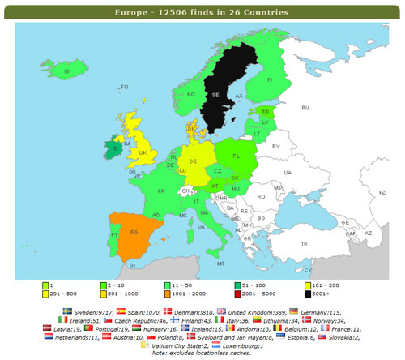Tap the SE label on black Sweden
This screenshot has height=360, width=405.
coord(215,94)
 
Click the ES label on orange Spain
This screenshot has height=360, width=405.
coord(134,233)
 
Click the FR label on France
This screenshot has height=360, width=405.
coord(161,191)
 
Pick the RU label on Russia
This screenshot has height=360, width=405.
coord(305,107)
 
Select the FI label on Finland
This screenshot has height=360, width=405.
coord(269,80)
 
